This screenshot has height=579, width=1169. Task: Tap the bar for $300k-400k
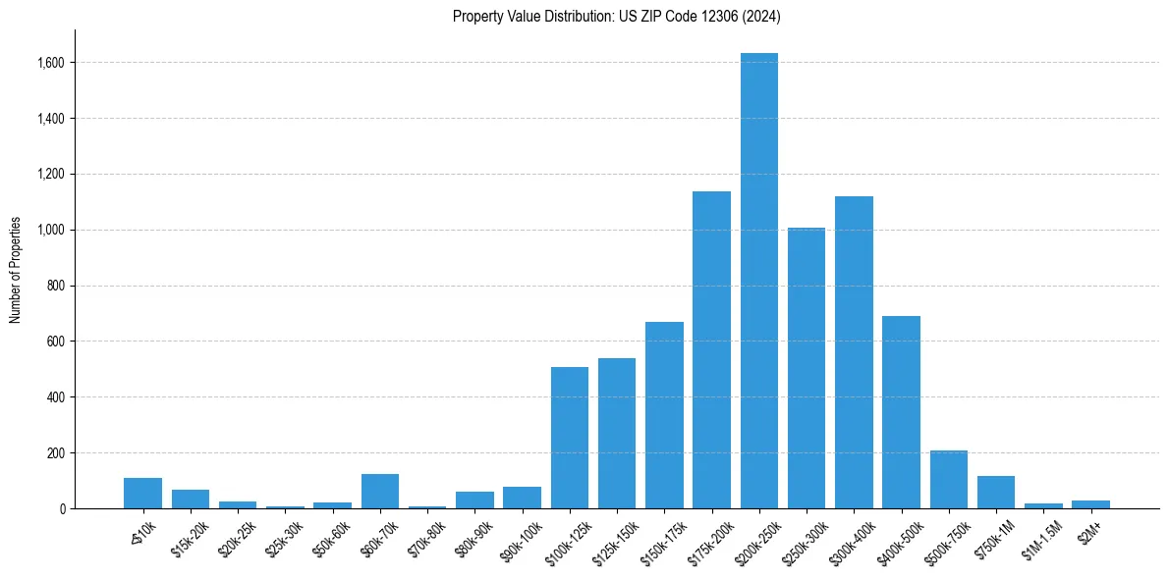pos(854,352)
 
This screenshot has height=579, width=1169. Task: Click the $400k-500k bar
pos(901,412)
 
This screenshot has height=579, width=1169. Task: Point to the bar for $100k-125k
pos(570,438)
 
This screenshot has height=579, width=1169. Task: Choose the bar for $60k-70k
pos(380,492)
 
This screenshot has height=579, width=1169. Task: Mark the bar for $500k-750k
pos(949,480)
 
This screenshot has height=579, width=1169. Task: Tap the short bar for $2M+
pos(1090,504)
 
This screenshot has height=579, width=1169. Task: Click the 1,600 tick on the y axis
pos(52,63)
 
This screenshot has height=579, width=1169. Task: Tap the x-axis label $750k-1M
pos(995,536)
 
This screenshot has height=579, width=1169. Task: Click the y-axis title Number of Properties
pos(16,269)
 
